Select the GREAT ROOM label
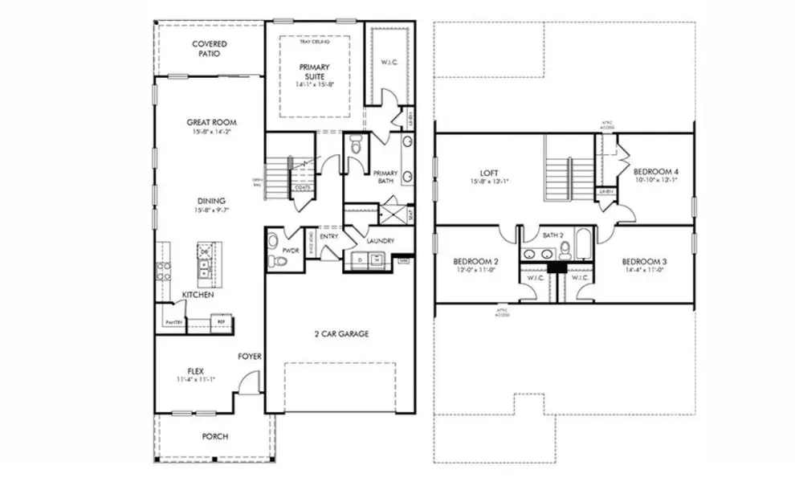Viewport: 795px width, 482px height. (211, 122)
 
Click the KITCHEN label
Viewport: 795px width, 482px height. (197, 296)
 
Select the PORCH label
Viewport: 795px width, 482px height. (214, 436)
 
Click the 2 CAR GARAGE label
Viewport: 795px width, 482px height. (341, 333)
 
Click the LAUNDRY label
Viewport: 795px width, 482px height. (380, 240)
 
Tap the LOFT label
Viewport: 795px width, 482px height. (490, 172)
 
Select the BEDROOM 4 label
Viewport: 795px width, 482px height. (656, 171)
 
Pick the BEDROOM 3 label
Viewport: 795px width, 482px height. (644, 262)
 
